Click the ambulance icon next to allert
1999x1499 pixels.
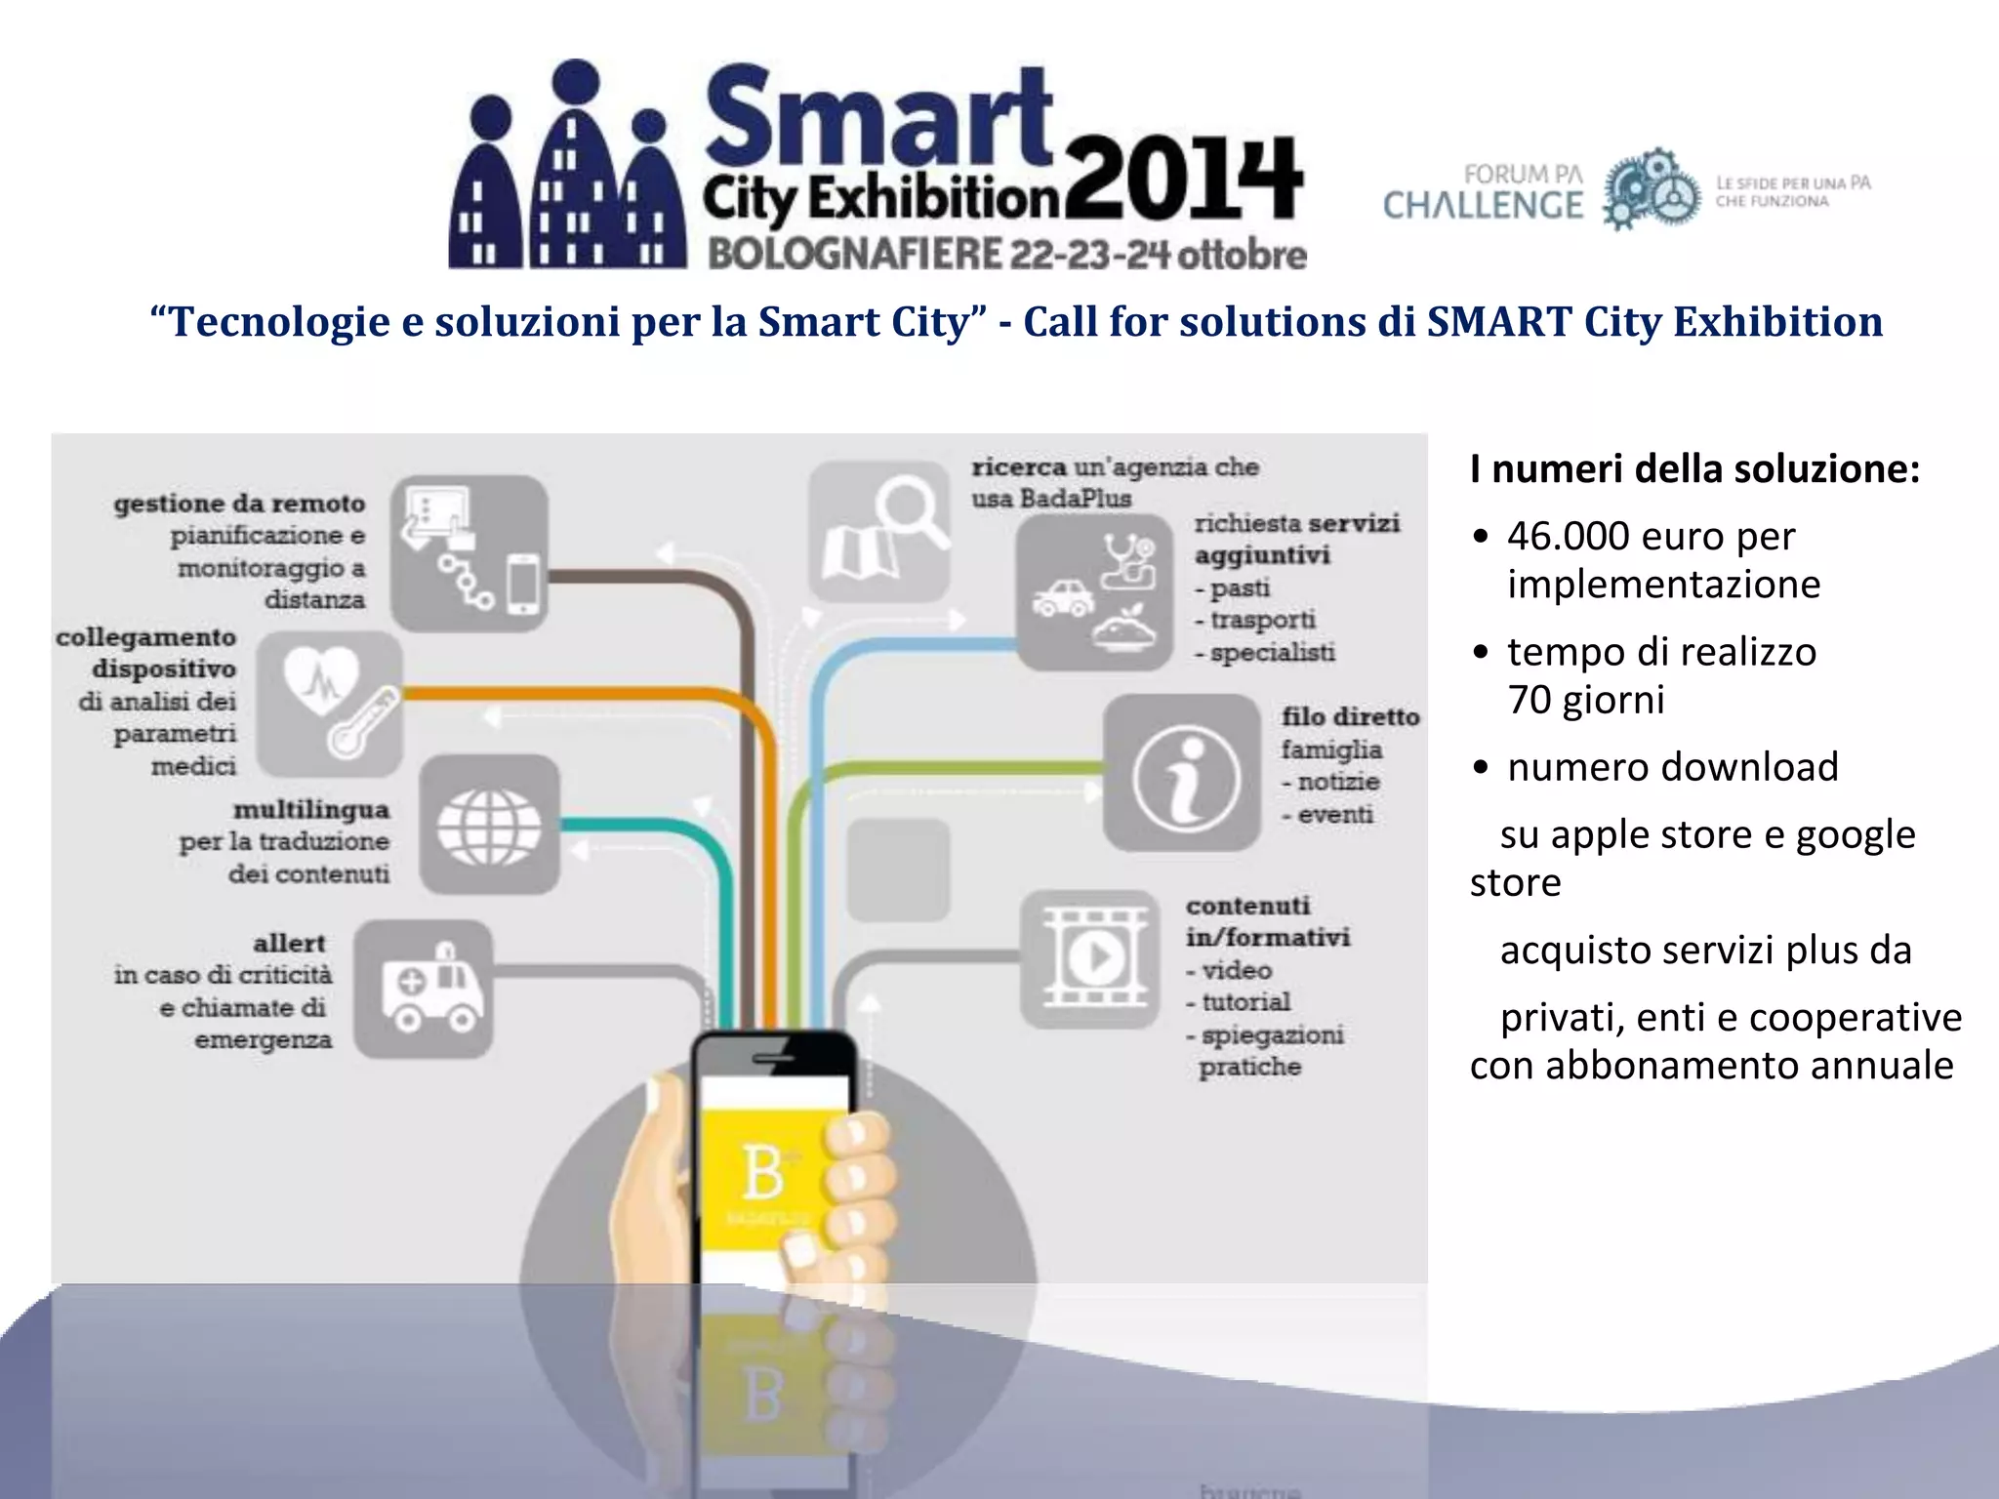pos(424,989)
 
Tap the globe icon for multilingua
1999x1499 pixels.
pos(489,825)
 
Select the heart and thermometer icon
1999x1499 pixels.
pos(330,704)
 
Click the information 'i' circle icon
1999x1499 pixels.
pos(1183,773)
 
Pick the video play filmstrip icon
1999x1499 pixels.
pos(1090,958)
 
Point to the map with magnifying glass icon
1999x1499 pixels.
pos(879,532)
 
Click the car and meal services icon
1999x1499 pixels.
pos(1094,592)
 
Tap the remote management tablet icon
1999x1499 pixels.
pos(469,553)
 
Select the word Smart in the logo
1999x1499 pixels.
pos(878,117)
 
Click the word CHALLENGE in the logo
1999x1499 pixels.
pos(1483,206)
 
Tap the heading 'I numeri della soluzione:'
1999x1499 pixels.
pos(1694,469)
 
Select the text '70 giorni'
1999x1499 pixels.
pos(1586,700)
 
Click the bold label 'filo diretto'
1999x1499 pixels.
pos(1350,716)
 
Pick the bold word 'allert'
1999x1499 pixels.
pos(289,943)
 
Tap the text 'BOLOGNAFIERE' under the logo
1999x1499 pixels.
pos(854,256)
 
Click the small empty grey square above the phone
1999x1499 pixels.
pos(898,870)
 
